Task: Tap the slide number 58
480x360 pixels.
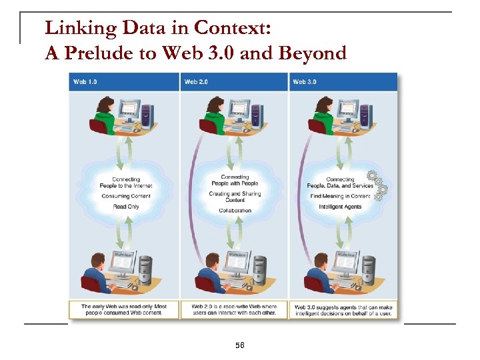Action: pyautogui.click(x=240, y=345)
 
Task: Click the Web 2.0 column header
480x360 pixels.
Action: pyautogui.click(x=196, y=82)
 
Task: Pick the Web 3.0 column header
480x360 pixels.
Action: pyautogui.click(x=305, y=82)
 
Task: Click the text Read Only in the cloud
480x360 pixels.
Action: pyautogui.click(x=125, y=207)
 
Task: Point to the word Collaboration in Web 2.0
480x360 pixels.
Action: pyautogui.click(x=235, y=211)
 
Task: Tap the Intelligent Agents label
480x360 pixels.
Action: pyautogui.click(x=340, y=207)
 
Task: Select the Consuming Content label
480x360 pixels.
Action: pyautogui.click(x=125, y=196)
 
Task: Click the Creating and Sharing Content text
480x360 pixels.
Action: pyautogui.click(x=235, y=197)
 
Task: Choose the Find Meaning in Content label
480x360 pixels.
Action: pyautogui.click(x=340, y=196)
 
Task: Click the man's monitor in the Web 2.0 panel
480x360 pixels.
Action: pyautogui.click(x=235, y=263)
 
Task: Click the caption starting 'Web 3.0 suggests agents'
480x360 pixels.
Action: pyautogui.click(x=344, y=309)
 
